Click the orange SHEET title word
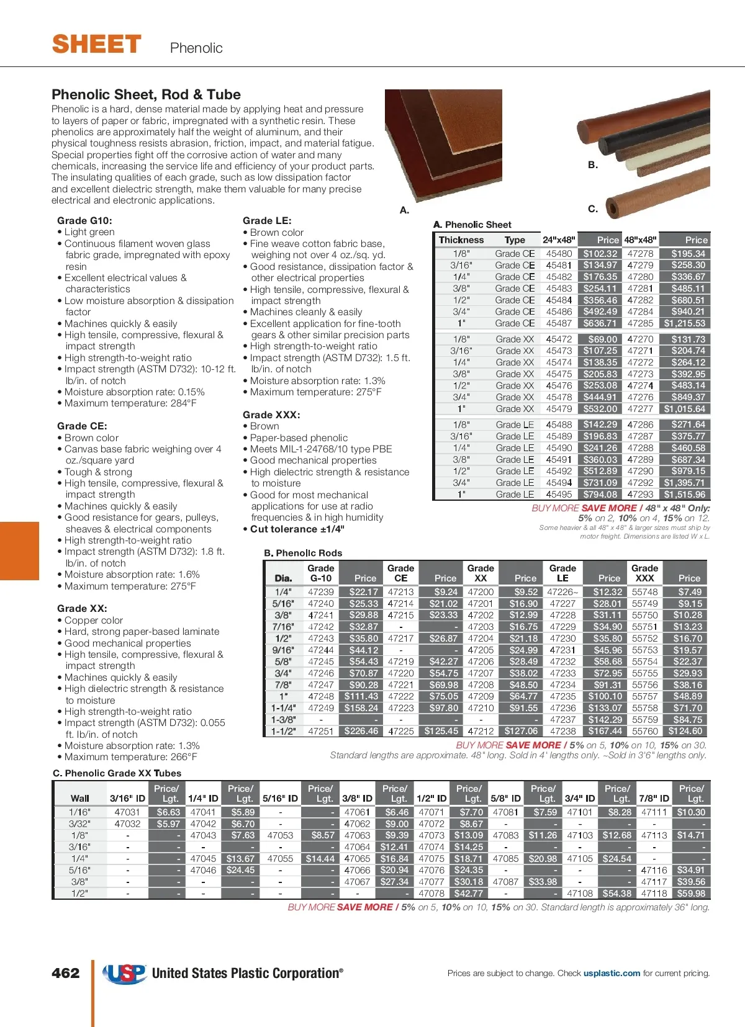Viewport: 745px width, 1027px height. tap(97, 45)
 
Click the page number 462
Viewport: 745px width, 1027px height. tap(66, 973)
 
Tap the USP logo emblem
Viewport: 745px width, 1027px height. tap(125, 974)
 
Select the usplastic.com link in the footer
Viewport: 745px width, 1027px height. tap(612, 973)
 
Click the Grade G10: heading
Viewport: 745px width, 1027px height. tap(84, 221)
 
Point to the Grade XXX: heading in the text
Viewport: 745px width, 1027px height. tap(271, 415)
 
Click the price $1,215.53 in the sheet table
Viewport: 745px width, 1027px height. tap(684, 323)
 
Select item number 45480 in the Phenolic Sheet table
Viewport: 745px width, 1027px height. tap(559, 254)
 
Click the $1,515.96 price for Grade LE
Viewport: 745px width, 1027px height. tap(684, 495)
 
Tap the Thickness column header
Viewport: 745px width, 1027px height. tap(461, 240)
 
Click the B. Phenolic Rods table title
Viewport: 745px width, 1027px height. tap(303, 553)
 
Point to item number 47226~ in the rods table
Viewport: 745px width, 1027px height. tap(562, 592)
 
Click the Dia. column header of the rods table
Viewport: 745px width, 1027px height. tap(283, 578)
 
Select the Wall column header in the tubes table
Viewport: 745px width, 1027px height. tap(80, 799)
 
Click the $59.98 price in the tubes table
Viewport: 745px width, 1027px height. tap(691, 894)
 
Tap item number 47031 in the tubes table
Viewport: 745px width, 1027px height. tap(127, 812)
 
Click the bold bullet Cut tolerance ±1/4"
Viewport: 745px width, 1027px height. tap(297, 529)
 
